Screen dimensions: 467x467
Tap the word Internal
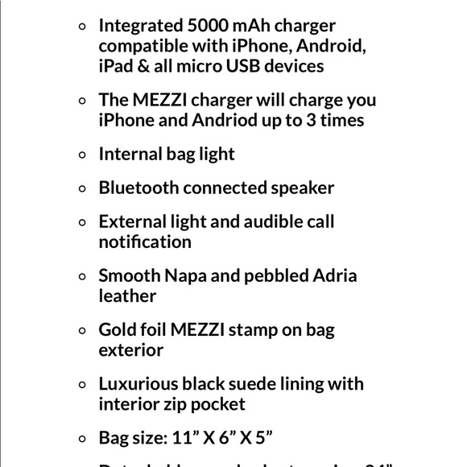pos(130,154)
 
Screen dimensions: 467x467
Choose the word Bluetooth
pos(138,188)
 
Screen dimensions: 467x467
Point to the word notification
pos(145,242)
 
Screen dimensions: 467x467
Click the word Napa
pos(185,275)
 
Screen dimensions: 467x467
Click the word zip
pos(181,403)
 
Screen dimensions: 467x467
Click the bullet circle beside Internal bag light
pos(82,155)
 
